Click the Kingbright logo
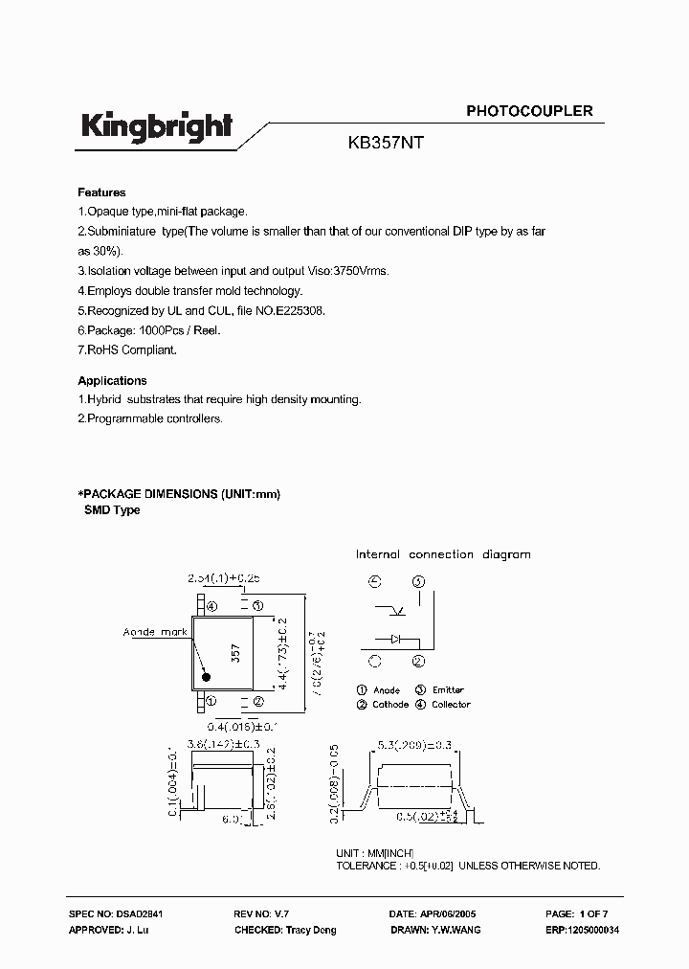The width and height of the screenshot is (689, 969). (156, 128)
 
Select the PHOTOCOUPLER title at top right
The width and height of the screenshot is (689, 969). (529, 111)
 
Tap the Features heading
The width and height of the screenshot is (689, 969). (101, 192)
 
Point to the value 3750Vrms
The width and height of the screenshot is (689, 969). (361, 271)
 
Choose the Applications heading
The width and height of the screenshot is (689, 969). (112, 380)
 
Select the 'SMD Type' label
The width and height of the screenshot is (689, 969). (113, 510)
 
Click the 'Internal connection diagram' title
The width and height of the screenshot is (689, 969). (443, 554)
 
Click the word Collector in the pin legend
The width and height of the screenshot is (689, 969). (451, 705)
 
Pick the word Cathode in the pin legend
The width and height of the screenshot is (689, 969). (390, 705)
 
